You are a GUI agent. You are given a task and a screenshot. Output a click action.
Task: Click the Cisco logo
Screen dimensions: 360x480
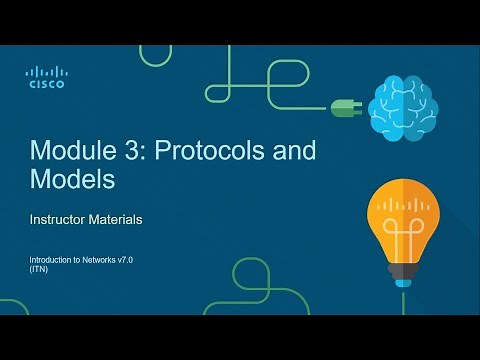[45, 77]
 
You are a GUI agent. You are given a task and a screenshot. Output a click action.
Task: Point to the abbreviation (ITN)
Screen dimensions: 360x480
[39, 271]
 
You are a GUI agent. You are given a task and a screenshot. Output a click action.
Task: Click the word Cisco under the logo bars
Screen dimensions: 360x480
[45, 85]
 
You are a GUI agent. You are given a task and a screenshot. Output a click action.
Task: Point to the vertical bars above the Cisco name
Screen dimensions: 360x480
[45, 72]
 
